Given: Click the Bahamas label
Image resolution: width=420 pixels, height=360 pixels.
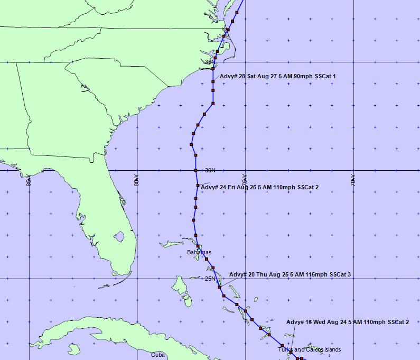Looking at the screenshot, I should click(x=199, y=253).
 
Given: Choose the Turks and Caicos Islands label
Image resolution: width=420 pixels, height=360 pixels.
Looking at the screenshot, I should click(x=310, y=349).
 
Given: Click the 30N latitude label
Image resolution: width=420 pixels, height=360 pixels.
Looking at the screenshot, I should click(x=211, y=170).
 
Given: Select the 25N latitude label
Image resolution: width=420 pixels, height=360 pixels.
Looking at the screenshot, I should click(x=210, y=279).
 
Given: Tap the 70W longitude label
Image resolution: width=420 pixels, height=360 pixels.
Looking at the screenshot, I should click(x=353, y=180).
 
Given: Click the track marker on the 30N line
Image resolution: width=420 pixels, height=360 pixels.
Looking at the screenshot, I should click(x=196, y=170).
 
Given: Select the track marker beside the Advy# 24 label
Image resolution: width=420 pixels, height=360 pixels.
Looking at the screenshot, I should click(x=198, y=186).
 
